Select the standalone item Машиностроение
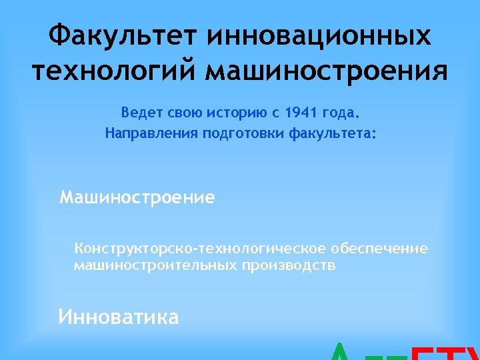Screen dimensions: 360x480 point(137,198)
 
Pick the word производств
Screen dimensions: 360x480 point(289,265)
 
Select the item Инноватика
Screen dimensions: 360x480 point(119,317)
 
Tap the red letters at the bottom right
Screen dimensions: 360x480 point(447,353)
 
